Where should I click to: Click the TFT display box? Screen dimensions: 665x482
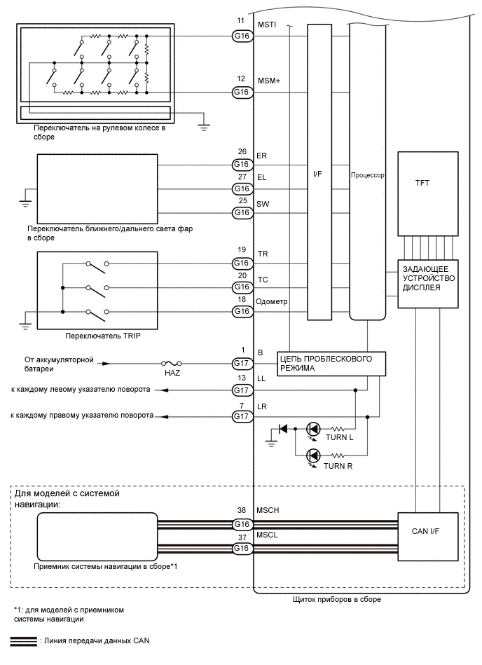427,193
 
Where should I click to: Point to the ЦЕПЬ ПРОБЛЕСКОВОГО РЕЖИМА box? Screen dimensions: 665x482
331,363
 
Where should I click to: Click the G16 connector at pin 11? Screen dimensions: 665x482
242,35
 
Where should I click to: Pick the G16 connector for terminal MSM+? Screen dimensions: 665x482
242,92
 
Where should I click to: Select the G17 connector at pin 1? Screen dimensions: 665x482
242,363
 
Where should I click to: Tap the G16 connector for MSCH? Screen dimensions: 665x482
242,523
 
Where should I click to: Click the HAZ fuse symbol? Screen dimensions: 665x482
172,364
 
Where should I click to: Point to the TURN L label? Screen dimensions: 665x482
340,437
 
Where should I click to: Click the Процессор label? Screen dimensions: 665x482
368,176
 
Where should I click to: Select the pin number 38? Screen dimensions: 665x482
242,512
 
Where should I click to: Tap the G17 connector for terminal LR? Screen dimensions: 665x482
242,416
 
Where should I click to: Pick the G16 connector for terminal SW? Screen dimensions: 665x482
242,212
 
